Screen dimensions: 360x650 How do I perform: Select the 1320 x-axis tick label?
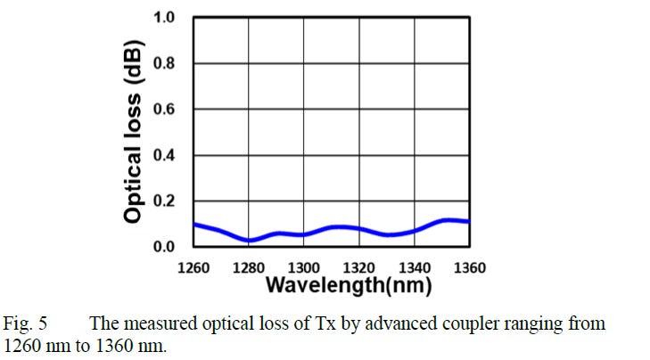tap(359, 267)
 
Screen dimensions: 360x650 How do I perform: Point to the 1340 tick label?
tap(415, 267)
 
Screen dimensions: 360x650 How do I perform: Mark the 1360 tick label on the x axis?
tap(469, 267)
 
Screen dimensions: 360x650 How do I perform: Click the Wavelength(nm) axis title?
tap(348, 286)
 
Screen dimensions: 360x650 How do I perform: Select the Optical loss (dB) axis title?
tap(134, 132)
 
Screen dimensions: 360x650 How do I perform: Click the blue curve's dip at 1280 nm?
tap(251, 240)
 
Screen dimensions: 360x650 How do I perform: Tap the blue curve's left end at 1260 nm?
tap(195, 225)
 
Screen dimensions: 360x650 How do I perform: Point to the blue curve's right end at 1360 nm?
tap(468, 221)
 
